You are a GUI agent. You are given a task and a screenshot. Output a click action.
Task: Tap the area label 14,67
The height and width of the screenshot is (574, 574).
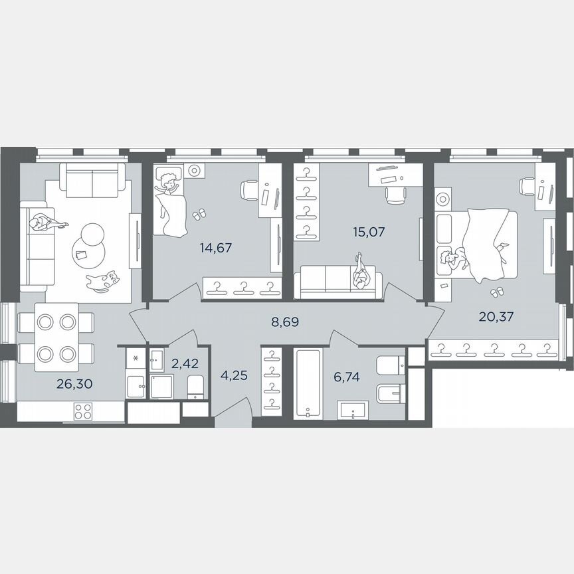coord(216,248)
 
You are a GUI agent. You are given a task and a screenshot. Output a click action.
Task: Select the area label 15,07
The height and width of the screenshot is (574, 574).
coord(369,233)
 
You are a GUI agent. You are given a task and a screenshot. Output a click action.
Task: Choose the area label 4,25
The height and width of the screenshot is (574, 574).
coord(234,375)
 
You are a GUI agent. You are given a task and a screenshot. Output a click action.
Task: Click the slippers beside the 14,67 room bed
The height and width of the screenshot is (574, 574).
coord(199,214)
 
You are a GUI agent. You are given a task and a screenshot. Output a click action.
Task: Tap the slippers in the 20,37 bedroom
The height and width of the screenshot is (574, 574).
coord(496,292)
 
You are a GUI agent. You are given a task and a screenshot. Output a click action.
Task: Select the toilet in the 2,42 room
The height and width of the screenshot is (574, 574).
coord(196,387)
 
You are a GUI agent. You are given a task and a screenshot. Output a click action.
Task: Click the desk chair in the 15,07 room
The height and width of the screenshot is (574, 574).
coord(395,193)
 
